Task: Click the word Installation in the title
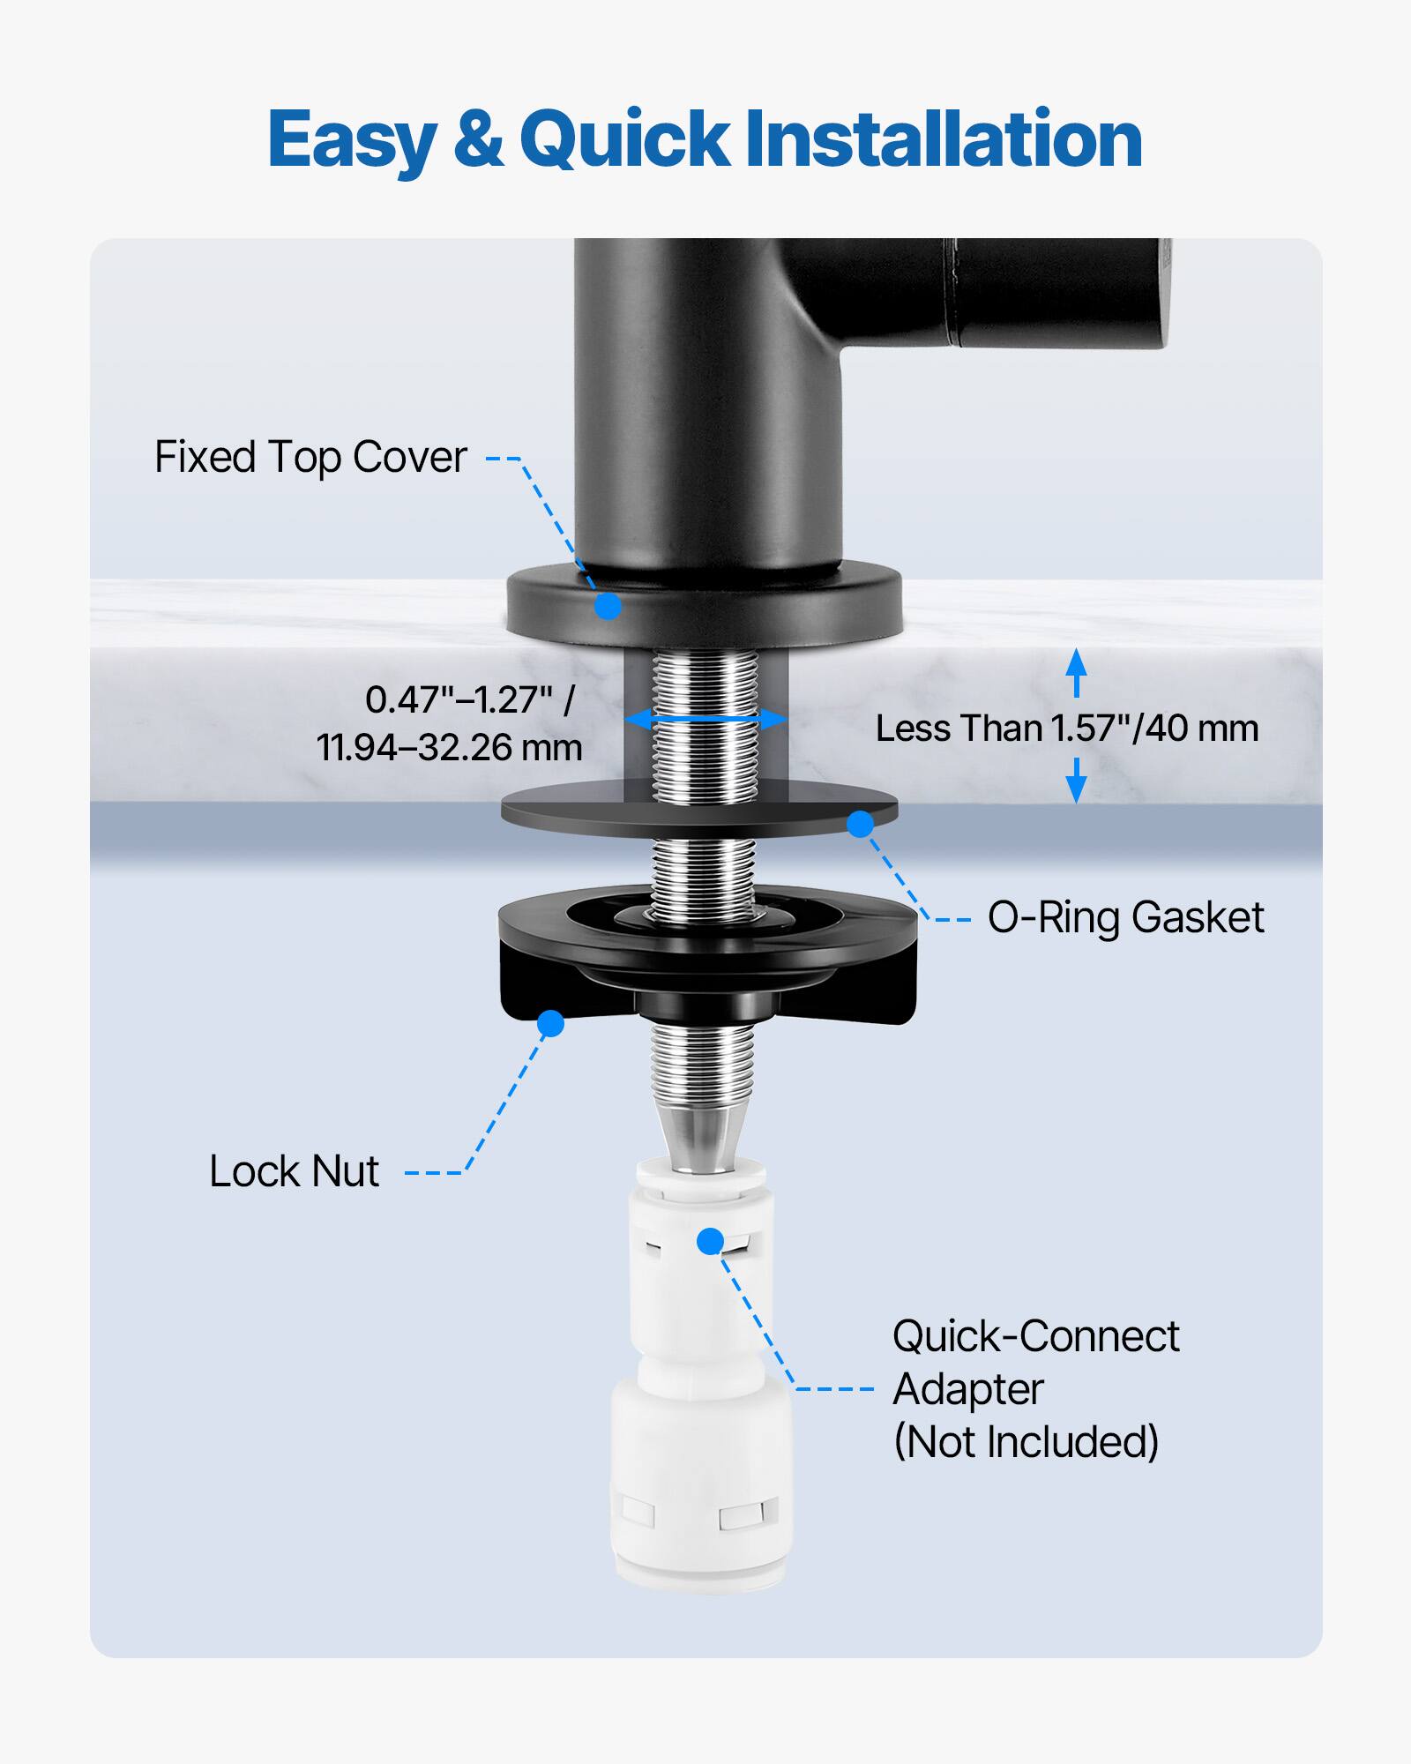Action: click(x=944, y=139)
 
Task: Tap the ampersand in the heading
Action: click(x=479, y=139)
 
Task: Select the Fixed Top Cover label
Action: click(x=310, y=458)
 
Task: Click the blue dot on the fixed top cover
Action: click(x=608, y=607)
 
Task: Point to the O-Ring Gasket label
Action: click(x=1125, y=918)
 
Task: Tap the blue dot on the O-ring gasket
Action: click(x=860, y=824)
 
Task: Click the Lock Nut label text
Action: click(x=294, y=1172)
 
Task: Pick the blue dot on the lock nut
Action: click(x=550, y=1023)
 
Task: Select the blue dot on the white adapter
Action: click(x=710, y=1241)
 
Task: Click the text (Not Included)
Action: click(x=1026, y=1442)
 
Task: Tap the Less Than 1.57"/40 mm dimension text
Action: click(x=1066, y=729)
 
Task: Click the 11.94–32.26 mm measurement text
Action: click(x=450, y=748)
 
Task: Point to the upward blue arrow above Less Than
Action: click(x=1076, y=673)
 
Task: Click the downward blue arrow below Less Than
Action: click(x=1076, y=781)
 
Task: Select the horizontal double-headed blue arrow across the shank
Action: click(x=705, y=719)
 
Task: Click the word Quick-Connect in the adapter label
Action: click(x=1035, y=1337)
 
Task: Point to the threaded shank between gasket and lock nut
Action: click(x=703, y=869)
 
